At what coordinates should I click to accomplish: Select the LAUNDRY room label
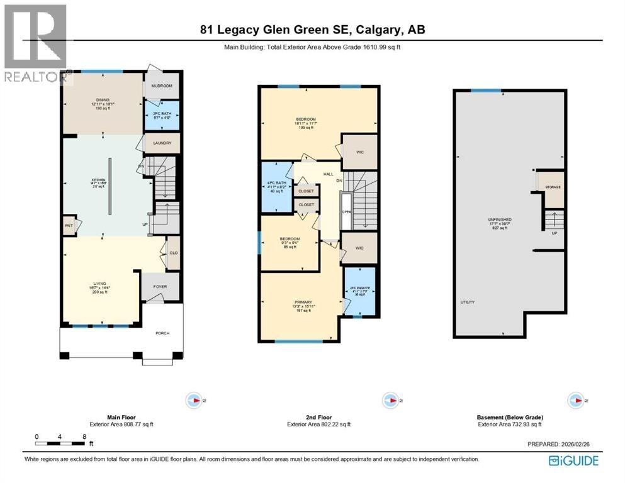162,143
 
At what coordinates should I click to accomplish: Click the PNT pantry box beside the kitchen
69,225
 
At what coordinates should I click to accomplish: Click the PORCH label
162,333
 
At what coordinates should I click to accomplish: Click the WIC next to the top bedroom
359,152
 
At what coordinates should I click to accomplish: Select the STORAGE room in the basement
553,187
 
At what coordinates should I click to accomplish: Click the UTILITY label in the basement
467,303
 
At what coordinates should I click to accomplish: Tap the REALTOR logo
35,44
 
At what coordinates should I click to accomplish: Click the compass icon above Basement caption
575,400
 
